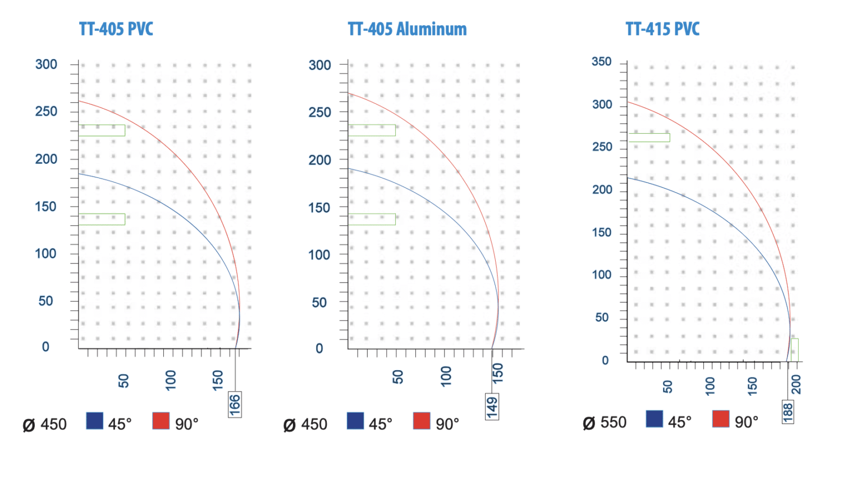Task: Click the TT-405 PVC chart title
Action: (x=116, y=29)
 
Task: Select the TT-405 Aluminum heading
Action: (x=407, y=29)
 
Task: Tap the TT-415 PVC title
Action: (x=662, y=29)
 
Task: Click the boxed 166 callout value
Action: (x=235, y=404)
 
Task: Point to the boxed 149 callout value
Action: (x=492, y=407)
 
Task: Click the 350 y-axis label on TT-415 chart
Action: (x=602, y=61)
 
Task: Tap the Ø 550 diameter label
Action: (x=605, y=423)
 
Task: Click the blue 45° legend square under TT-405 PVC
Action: (x=95, y=421)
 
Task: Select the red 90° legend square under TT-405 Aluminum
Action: (x=422, y=421)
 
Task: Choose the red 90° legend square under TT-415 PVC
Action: (x=721, y=419)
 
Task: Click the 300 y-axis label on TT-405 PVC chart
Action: (x=46, y=64)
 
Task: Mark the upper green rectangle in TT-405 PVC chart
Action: (x=102, y=130)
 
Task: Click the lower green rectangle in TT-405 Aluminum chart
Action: (x=372, y=219)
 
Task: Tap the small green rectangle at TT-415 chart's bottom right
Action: (x=795, y=350)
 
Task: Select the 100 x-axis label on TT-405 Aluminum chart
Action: (x=446, y=376)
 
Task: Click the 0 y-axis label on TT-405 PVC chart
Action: (x=45, y=346)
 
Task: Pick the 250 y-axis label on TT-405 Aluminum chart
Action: (x=320, y=112)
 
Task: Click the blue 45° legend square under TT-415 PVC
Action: (x=655, y=419)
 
